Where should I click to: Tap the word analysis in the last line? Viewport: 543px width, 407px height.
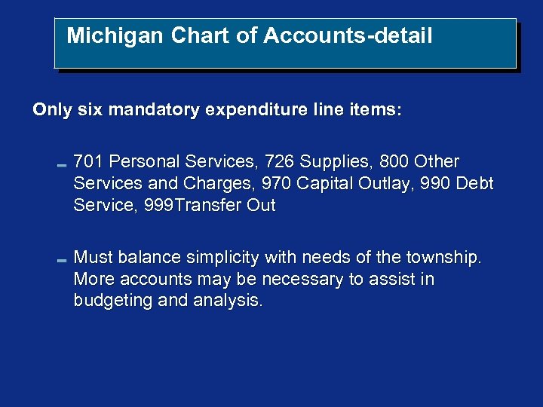[x=229, y=301]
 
